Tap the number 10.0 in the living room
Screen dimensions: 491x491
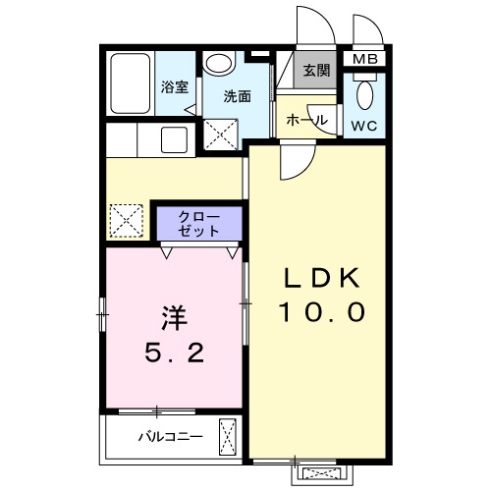tap(321, 312)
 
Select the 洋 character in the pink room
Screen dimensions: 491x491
tap(174, 318)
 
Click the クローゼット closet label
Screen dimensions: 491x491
tap(198, 223)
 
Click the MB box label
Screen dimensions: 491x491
tap(364, 58)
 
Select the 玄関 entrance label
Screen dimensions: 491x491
tap(316, 71)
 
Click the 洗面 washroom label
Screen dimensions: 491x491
tap(236, 96)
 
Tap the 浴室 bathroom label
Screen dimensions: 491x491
tap(174, 86)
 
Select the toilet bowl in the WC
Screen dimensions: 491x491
tap(364, 95)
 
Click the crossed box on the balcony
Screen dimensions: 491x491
tap(229, 433)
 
